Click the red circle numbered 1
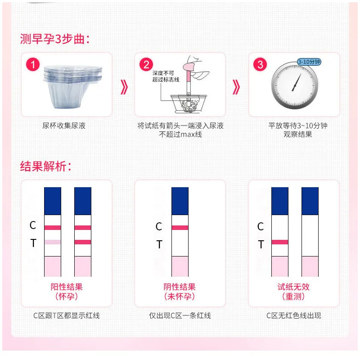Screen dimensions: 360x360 (x=33, y=64)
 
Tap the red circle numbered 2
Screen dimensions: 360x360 (x=146, y=64)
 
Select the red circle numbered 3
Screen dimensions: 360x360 (x=260, y=64)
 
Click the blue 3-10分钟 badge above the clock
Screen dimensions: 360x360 (x=309, y=62)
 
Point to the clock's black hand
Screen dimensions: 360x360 (x=297, y=82)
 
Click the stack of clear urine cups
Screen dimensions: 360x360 (x=72, y=86)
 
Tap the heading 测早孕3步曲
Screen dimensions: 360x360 (x=54, y=39)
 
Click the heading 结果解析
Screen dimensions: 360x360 (x=45, y=166)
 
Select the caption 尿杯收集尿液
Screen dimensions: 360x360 (x=64, y=126)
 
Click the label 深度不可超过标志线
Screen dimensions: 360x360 (x=166, y=76)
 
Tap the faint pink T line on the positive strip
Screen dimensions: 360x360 (x=53, y=242)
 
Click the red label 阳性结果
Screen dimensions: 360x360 (x=67, y=287)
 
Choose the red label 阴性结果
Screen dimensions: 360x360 (x=180, y=287)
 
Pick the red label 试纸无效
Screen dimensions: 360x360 (x=293, y=287)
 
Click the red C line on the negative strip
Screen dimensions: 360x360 (x=180, y=228)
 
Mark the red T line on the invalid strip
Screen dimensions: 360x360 (x=279, y=242)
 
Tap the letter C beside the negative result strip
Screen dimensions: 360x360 (x=159, y=227)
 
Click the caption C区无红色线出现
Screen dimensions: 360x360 (x=294, y=316)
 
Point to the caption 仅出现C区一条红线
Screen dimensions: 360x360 (x=180, y=316)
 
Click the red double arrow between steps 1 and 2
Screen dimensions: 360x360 (x=124, y=87)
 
